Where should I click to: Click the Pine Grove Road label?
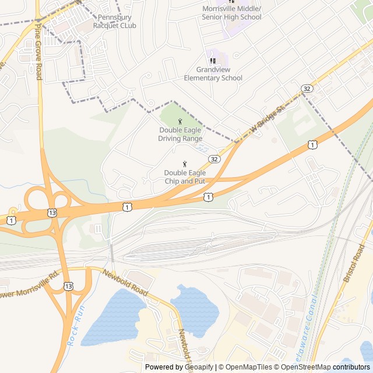[x=39, y=52]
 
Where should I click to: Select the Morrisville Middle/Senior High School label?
[x=231, y=13]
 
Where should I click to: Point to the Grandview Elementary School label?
[x=213, y=73]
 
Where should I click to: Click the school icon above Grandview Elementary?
[x=212, y=61]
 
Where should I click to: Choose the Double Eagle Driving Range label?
[x=180, y=135]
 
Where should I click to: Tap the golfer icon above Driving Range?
[x=180, y=121]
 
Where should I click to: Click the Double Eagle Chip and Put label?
[x=185, y=177]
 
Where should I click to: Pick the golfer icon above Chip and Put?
[x=185, y=164]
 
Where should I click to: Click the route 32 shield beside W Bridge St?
[x=307, y=88]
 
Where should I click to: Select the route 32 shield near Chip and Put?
[x=214, y=159]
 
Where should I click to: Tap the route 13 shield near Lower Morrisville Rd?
[x=69, y=286]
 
